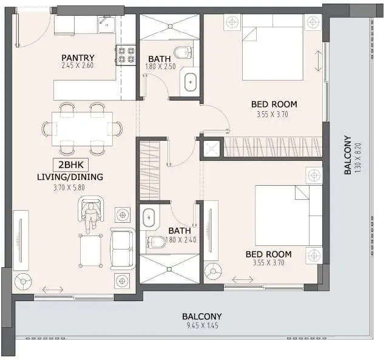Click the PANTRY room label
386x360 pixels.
[x=78, y=58]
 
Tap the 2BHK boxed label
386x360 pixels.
[x=71, y=165]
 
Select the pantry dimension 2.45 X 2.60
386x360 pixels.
[x=78, y=66]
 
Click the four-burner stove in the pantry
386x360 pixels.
[x=126, y=55]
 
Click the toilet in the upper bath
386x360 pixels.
[x=183, y=52]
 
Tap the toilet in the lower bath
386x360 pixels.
[x=156, y=242]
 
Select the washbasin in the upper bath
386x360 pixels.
[x=191, y=82]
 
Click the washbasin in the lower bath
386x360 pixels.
[x=149, y=218]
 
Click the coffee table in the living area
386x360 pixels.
[x=90, y=251]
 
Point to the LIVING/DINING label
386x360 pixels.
[x=70, y=177]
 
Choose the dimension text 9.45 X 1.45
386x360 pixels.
[x=202, y=325]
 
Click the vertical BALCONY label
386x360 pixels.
[x=348, y=155]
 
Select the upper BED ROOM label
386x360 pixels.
[x=274, y=104]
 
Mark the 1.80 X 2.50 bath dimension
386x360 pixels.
[x=160, y=67]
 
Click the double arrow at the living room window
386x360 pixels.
[x=53, y=290]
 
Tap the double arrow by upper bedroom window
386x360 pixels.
[x=318, y=61]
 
